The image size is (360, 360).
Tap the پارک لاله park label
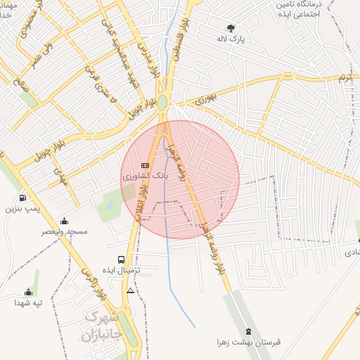pos(233,39)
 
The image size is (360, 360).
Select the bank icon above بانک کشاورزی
pos(146,165)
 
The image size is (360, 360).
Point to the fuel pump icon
pos(23,198)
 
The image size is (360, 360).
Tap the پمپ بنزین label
pos(24,209)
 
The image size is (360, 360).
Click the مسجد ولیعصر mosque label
pos(64,231)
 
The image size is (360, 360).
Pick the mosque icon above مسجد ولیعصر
pos(65,221)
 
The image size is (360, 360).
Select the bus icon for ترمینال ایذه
pos(122,259)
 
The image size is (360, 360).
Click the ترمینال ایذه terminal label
pos(122,271)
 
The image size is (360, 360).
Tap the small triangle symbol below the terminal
pos(130,290)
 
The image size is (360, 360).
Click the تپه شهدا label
pos(29,303)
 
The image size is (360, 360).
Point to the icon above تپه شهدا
pos(29,292)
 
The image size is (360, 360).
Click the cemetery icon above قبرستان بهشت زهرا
pos(248,331)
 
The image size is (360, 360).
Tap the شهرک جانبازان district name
pos(103,327)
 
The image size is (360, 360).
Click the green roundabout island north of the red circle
pos(162,103)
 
